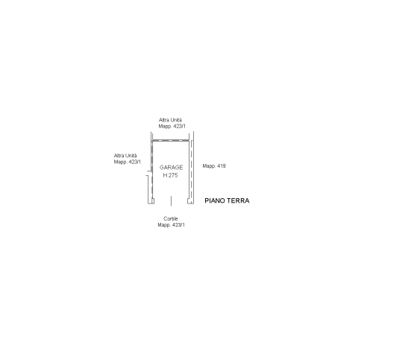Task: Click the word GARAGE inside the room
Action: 171,168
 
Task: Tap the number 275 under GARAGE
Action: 173,175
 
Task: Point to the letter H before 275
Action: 165,175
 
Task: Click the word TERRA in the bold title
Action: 239,200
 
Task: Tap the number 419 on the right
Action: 222,166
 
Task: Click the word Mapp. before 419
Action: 209,166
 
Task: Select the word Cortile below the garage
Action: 171,218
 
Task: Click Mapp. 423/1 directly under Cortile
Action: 171,225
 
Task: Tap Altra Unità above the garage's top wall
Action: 170,120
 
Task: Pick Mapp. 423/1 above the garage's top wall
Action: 172,126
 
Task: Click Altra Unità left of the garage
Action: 125,156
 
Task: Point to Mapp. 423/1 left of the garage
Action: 128,162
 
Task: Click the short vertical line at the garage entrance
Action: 171,201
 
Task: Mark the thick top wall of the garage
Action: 171,140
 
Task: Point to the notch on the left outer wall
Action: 149,173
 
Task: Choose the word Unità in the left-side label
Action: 131,156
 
